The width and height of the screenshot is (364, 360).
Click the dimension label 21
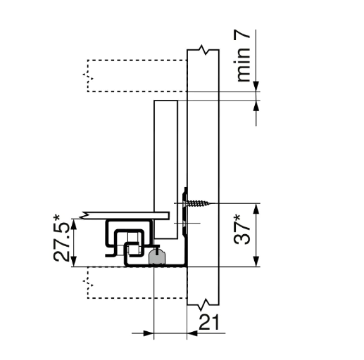point(209,322)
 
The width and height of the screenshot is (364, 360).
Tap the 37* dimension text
point(242,231)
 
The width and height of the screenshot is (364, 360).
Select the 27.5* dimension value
point(61,238)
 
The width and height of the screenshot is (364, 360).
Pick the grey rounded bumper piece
point(156,257)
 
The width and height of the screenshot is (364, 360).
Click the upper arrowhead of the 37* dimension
point(256,209)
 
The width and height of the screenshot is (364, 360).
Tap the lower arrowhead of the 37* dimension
point(256,262)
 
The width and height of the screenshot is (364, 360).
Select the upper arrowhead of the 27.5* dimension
point(74,224)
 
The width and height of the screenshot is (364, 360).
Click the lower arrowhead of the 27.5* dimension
point(74,262)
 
